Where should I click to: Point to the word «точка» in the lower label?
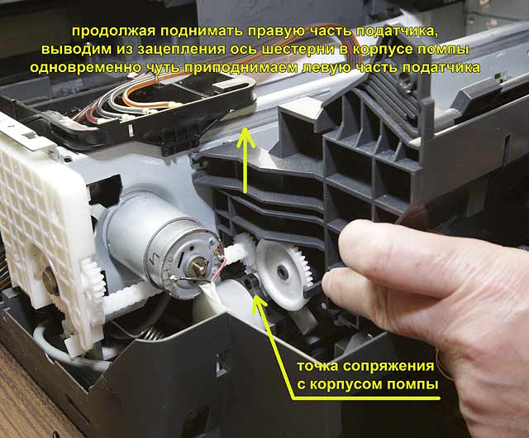[x=317, y=366]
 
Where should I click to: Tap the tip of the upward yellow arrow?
[x=246, y=128]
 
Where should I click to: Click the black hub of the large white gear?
[x=281, y=271]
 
